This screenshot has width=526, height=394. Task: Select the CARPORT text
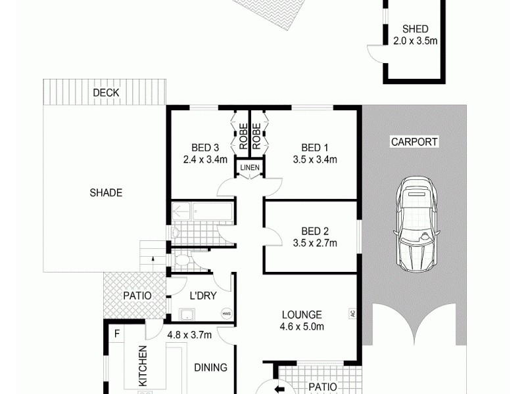point(414,141)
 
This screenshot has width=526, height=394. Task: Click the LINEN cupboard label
point(250,168)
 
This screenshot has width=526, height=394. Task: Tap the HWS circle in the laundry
point(227,314)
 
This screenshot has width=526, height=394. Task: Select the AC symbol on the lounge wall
point(352,314)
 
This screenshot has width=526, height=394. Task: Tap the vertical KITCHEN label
point(143,365)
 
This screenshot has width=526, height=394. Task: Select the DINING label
point(210,368)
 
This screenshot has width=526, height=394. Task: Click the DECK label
point(106,93)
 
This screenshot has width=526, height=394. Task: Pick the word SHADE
point(106,192)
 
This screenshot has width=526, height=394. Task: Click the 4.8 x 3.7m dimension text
point(189,334)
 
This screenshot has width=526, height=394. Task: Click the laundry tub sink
point(187,314)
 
